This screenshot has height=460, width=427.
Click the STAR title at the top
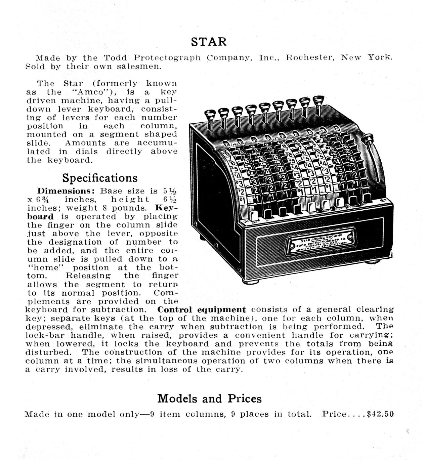209,42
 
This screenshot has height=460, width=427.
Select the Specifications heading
100,178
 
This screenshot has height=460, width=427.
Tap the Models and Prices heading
209,399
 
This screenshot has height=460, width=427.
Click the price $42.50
380,414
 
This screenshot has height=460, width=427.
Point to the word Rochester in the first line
309,57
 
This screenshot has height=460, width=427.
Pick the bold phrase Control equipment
201,309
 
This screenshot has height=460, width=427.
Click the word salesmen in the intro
139,66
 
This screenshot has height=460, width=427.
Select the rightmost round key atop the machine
317,100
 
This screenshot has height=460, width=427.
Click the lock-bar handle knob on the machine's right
369,138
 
